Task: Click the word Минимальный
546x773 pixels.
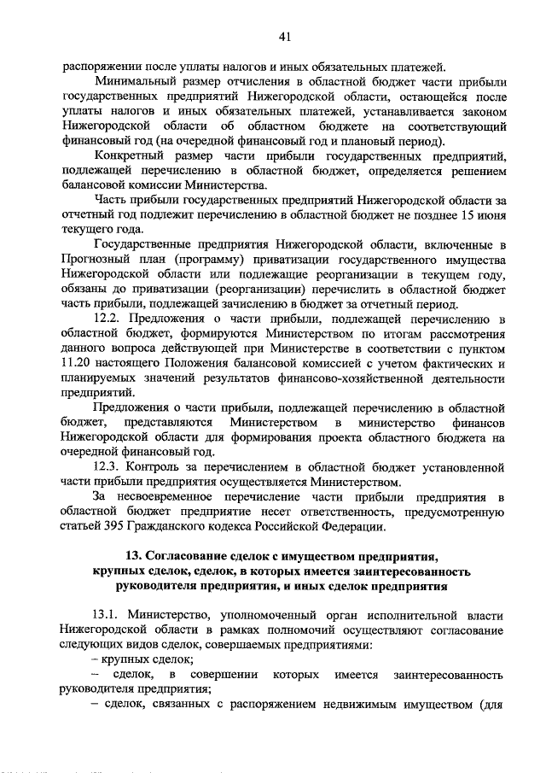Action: [139, 81]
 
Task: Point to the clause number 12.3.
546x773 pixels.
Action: [107, 467]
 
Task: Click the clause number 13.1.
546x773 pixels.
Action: [107, 615]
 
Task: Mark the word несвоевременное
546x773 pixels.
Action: [177, 497]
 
